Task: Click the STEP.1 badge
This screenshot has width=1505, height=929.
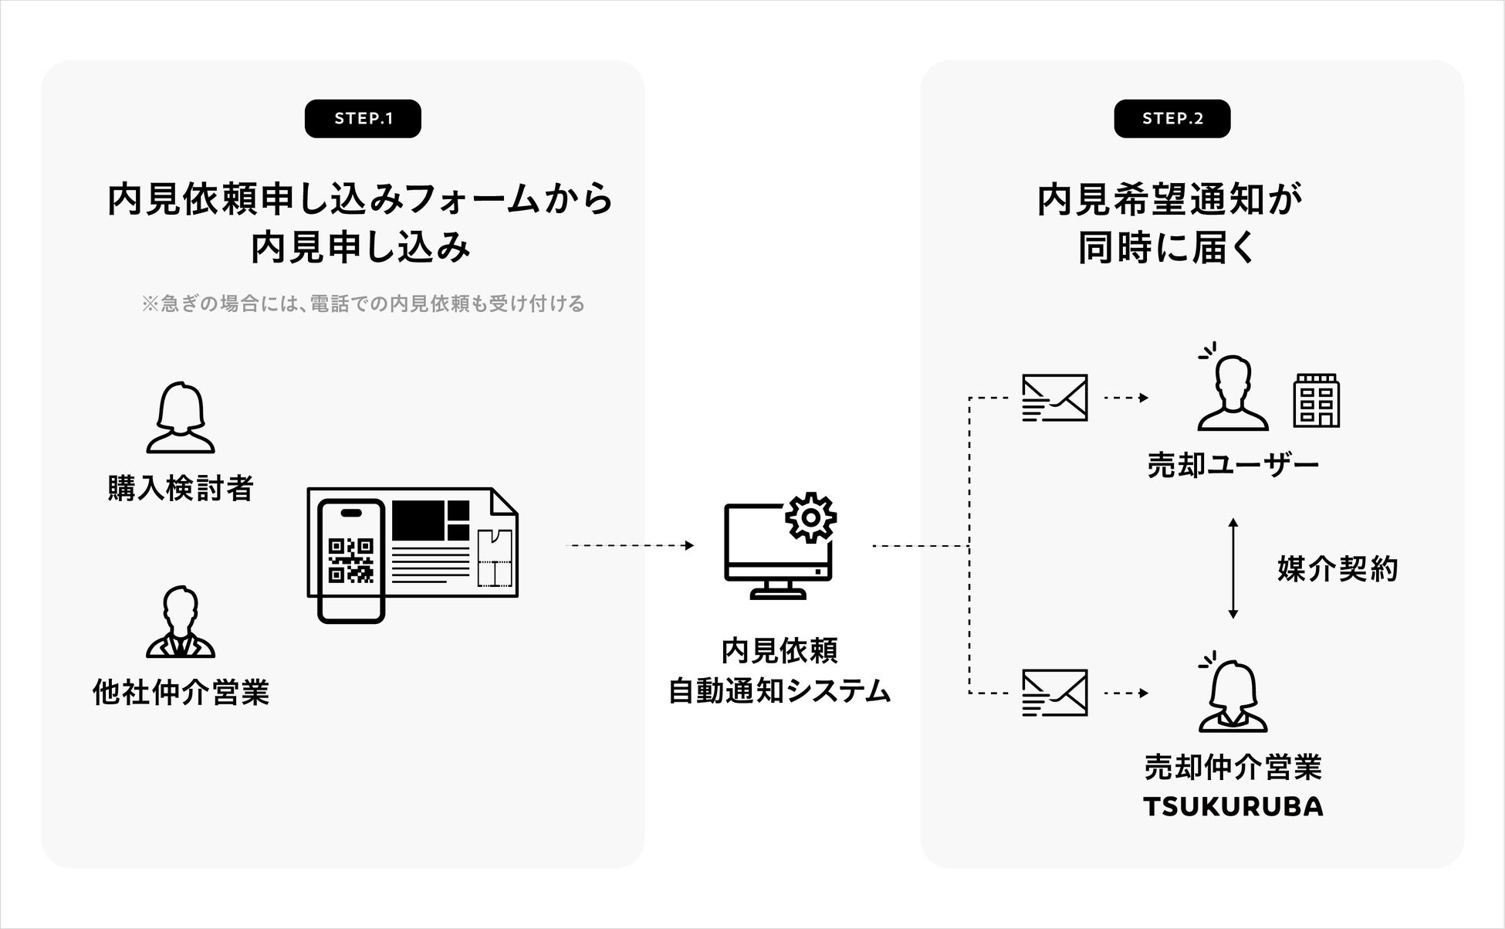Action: tap(363, 119)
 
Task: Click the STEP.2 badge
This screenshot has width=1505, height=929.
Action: tap(1172, 119)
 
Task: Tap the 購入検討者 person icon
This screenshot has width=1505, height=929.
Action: tap(181, 418)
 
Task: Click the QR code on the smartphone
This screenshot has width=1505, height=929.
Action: tap(351, 560)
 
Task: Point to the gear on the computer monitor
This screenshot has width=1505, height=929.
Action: tap(810, 517)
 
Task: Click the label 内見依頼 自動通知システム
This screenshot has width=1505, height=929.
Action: tap(780, 670)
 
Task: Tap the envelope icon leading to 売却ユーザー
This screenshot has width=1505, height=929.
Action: tap(1054, 398)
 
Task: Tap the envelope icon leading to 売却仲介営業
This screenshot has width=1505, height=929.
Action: tap(1054, 693)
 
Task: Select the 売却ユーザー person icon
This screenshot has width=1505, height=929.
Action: tap(1233, 393)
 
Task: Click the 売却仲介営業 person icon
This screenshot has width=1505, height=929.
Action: tap(1233, 696)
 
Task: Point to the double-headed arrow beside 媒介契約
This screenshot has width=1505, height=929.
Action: tap(1233, 568)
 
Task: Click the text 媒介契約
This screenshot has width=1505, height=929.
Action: tap(1338, 569)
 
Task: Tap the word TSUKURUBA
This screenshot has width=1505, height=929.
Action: tap(1233, 806)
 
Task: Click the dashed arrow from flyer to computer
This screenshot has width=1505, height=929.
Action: tap(630, 546)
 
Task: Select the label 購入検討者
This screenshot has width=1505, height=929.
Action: tap(181, 488)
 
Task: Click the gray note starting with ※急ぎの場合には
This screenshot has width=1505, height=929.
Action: tap(363, 303)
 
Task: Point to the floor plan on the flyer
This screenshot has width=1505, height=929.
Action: tap(494, 558)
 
